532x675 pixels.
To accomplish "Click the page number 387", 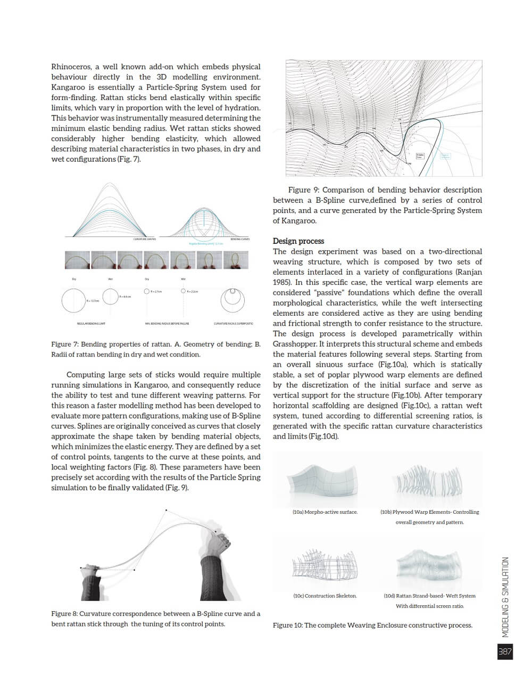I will (x=505, y=652).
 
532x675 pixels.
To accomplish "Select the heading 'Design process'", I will (x=298, y=241).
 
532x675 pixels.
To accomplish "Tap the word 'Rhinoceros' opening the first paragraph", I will (x=71, y=67).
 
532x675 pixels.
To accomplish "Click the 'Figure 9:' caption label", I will (x=303, y=190).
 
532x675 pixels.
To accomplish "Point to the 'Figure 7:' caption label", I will (x=64, y=344).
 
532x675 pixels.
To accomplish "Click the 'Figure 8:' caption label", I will (x=64, y=614).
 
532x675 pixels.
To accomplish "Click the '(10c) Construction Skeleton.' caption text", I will (x=325, y=596).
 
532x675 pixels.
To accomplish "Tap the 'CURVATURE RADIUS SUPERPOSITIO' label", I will (x=234, y=324).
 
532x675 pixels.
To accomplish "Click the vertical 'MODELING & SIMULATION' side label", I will (x=505, y=596).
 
